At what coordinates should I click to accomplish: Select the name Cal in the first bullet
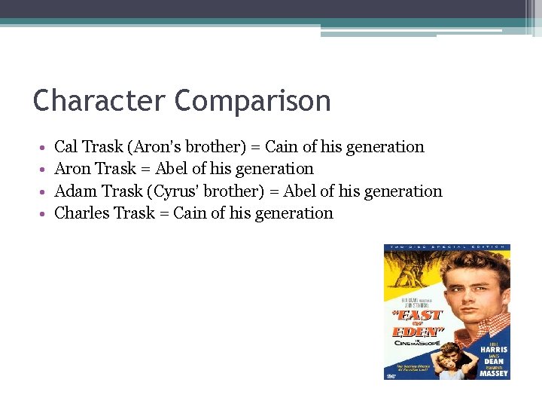[x=66, y=147]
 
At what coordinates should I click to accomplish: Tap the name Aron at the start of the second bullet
[x=73, y=169]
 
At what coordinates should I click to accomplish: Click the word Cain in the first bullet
[x=282, y=147]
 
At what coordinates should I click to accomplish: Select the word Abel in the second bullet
[x=172, y=169]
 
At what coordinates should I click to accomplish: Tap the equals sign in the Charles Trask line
[x=163, y=213]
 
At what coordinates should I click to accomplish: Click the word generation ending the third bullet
[x=403, y=191]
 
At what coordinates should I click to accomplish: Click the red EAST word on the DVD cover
[x=416, y=314]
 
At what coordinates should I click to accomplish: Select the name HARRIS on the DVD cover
[x=493, y=350]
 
